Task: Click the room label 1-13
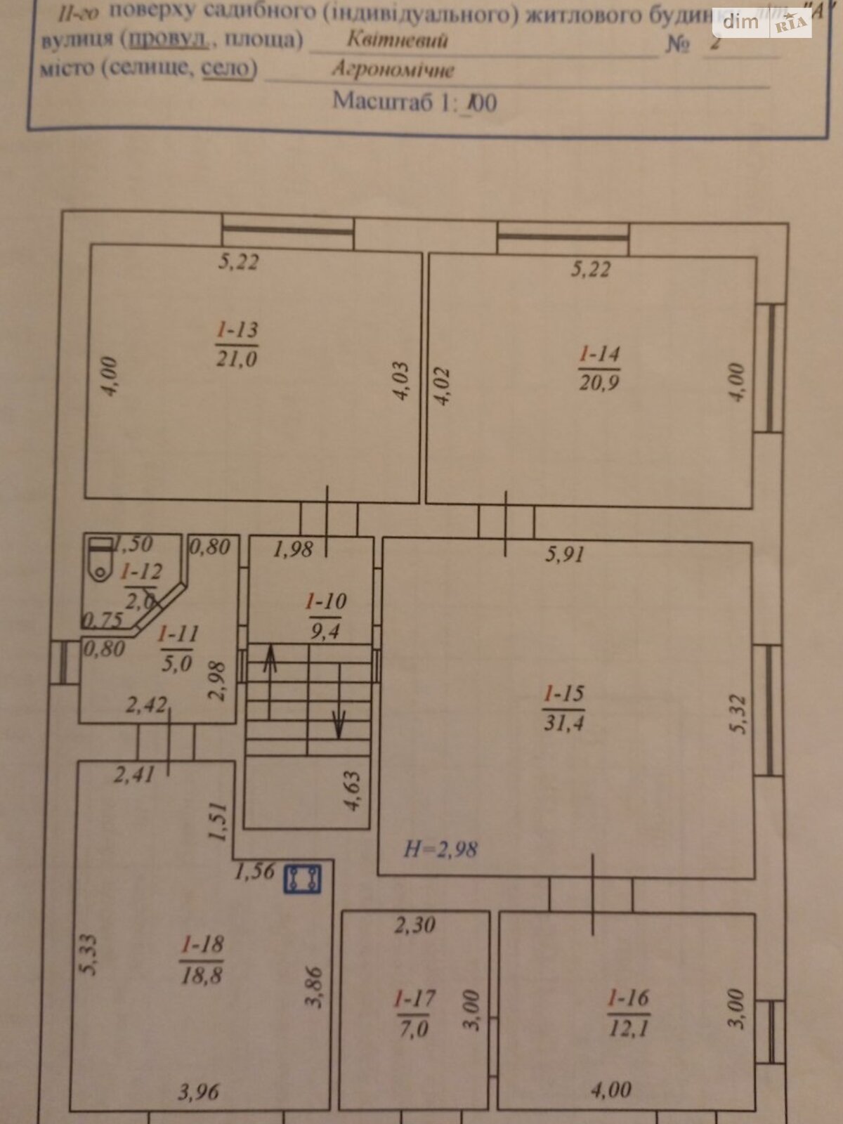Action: [237, 329]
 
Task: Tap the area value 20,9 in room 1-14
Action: [599, 383]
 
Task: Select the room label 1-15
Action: [563, 694]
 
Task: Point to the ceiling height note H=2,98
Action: [440, 849]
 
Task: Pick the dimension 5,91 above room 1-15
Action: [564, 554]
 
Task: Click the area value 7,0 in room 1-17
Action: [414, 1028]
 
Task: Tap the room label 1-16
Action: [628, 998]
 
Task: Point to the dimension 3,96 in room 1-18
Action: [198, 1092]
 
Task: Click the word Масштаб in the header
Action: [382, 101]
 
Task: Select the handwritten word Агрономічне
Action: [393, 70]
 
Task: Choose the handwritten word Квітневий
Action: [397, 39]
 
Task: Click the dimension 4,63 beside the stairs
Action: [352, 791]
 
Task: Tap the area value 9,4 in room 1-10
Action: [325, 631]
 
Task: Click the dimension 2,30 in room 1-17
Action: [414, 925]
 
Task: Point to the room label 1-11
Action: [178, 634]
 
